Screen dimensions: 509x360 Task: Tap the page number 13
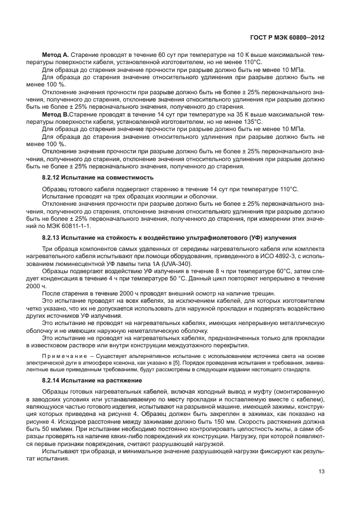[320, 471]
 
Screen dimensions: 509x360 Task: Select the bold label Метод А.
[54, 56]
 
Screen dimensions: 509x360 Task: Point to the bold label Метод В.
[54, 114]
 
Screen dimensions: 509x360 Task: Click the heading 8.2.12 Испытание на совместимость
[97, 177]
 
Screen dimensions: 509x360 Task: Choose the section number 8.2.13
[53, 237]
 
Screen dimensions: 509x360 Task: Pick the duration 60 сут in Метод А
[161, 56]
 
